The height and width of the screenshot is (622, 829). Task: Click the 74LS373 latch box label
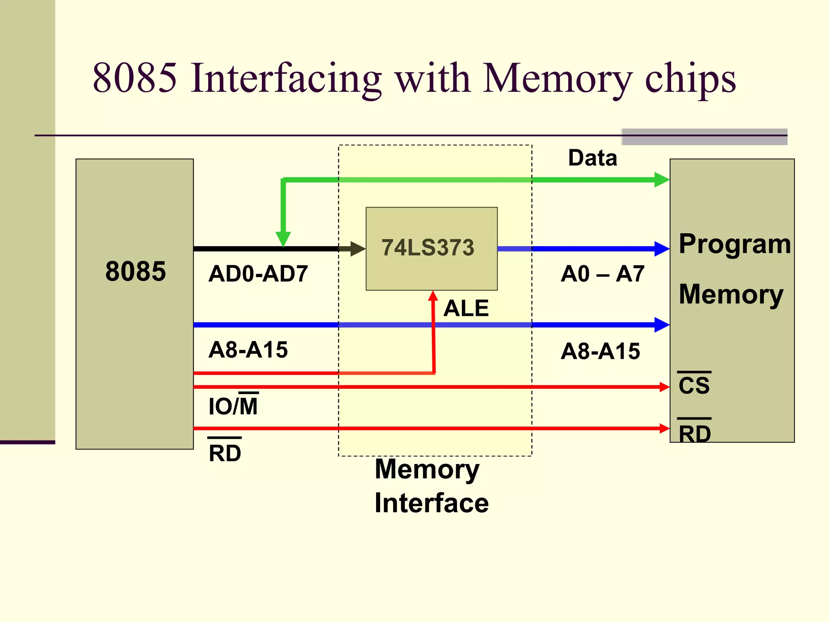click(x=428, y=247)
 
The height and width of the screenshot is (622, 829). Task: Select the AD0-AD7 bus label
click(x=258, y=274)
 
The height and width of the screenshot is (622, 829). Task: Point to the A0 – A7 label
click(x=602, y=274)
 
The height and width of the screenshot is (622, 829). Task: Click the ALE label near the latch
click(x=466, y=308)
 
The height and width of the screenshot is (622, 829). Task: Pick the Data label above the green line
click(x=593, y=158)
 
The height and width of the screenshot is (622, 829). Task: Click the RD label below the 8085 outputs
click(x=225, y=452)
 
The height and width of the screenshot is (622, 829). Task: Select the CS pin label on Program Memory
click(x=694, y=385)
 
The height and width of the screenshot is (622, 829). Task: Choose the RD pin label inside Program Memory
click(x=694, y=433)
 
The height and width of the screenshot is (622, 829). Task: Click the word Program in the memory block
click(x=735, y=244)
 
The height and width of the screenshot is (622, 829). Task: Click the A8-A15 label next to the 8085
click(x=248, y=349)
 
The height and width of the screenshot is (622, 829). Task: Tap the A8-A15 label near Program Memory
click(x=600, y=351)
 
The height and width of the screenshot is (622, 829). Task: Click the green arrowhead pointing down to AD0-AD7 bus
click(x=283, y=239)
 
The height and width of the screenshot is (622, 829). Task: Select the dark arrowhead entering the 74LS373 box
click(x=358, y=249)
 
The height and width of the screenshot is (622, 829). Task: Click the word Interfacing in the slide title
click(x=286, y=78)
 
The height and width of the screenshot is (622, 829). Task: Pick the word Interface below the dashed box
click(x=432, y=503)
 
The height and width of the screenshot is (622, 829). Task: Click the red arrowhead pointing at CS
click(x=664, y=387)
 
